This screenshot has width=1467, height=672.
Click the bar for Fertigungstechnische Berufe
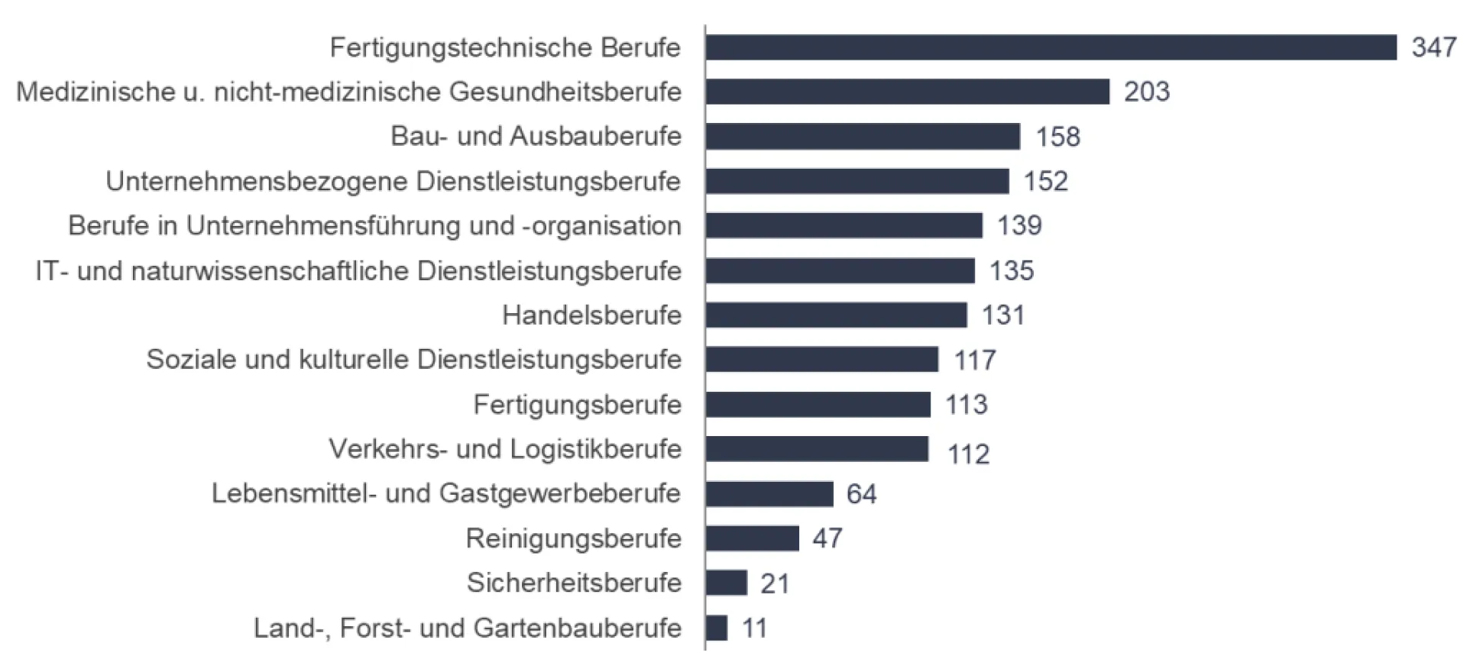click(x=1051, y=47)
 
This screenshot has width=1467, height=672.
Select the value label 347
click(x=1433, y=47)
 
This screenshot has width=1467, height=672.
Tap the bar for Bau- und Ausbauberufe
click(x=863, y=137)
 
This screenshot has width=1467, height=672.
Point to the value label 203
click(x=1146, y=92)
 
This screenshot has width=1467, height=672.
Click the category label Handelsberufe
click(x=591, y=315)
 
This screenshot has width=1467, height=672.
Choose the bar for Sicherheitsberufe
click(x=726, y=583)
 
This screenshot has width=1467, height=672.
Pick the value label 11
click(x=754, y=628)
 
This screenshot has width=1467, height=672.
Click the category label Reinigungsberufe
click(x=573, y=538)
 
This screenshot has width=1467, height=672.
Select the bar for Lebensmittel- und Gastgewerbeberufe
click(x=769, y=494)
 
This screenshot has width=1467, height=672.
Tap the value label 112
click(x=968, y=454)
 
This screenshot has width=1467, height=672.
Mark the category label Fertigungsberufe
click(x=577, y=404)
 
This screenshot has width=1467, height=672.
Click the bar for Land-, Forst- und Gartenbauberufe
click(x=717, y=628)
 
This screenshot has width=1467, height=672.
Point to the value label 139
click(x=1019, y=225)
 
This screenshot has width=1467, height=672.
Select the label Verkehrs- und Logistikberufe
click(x=505, y=449)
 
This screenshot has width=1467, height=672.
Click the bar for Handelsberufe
click(x=836, y=315)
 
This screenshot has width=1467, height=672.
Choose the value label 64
click(x=861, y=494)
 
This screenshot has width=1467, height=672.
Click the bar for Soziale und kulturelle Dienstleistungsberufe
click(x=821, y=359)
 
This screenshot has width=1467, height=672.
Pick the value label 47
click(x=827, y=538)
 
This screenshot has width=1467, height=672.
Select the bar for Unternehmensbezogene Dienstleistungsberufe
click(x=857, y=181)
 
